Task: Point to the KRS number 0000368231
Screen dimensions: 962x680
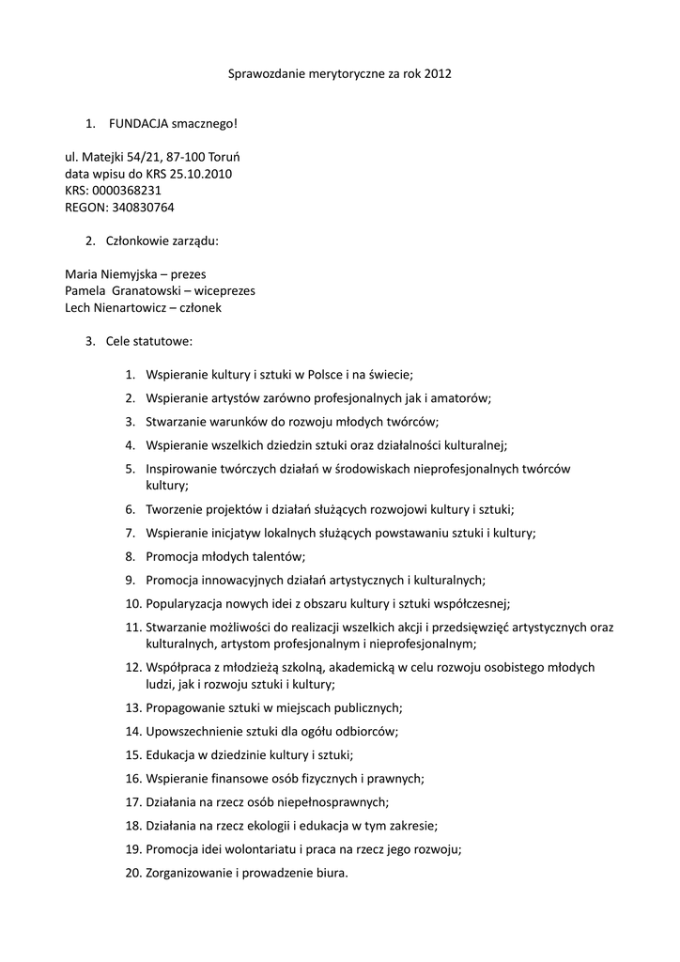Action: pos(132,191)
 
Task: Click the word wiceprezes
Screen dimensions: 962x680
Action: pos(223,291)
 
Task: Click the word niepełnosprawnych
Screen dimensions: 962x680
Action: pos(332,802)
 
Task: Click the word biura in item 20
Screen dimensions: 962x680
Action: pos(329,873)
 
